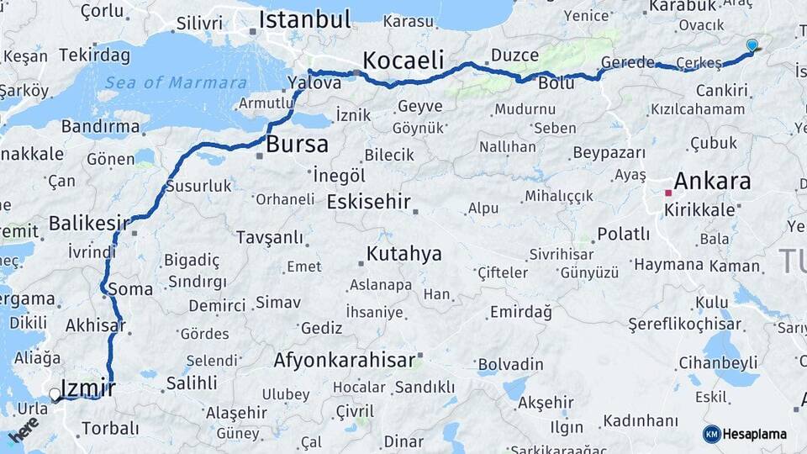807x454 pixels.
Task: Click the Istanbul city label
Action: coord(303,19)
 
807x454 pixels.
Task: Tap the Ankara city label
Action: coord(712,181)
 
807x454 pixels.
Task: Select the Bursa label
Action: coord(297,145)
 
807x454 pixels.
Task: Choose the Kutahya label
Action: coord(403,254)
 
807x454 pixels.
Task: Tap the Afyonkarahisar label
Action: coord(344,361)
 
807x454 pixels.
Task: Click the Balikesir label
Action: coord(88,223)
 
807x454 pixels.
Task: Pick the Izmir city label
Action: coord(88,388)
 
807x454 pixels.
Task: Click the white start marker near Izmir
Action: coord(55,393)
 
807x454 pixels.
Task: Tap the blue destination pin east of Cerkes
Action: coord(752,45)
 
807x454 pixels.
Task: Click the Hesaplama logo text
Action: coord(754,435)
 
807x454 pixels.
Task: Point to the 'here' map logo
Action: coord(24,430)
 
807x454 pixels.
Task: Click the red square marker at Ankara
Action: coord(668,193)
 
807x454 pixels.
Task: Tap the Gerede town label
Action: coord(628,62)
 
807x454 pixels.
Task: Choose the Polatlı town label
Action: coord(623,234)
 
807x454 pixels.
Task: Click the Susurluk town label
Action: coord(198,186)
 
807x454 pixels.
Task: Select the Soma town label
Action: coord(130,289)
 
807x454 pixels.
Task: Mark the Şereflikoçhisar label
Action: coord(685,324)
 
